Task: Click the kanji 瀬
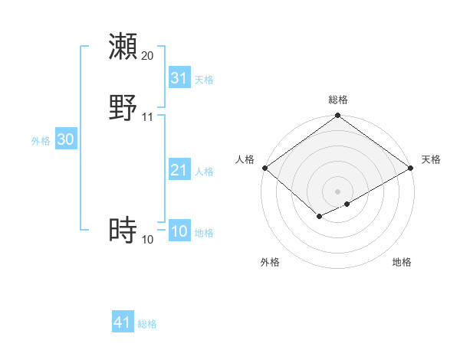pos(123,47)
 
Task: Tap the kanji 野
pos(123,108)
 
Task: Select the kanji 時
pos(123,231)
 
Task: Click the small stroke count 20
pos(147,56)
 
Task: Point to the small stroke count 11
pos(147,117)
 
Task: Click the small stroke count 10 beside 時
pos(147,240)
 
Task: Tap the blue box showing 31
pos(179,78)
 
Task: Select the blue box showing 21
pos(179,170)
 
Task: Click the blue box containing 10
pos(179,231)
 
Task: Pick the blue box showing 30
pos(66,139)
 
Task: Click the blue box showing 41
pos(123,322)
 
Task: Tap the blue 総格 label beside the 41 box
pos(147,324)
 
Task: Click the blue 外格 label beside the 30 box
pos(41,141)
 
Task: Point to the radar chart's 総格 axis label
pos(338,100)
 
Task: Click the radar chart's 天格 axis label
pos(431,159)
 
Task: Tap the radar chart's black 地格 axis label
pos(402,262)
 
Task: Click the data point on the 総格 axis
pos(338,116)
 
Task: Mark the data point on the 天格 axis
pos(412,168)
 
